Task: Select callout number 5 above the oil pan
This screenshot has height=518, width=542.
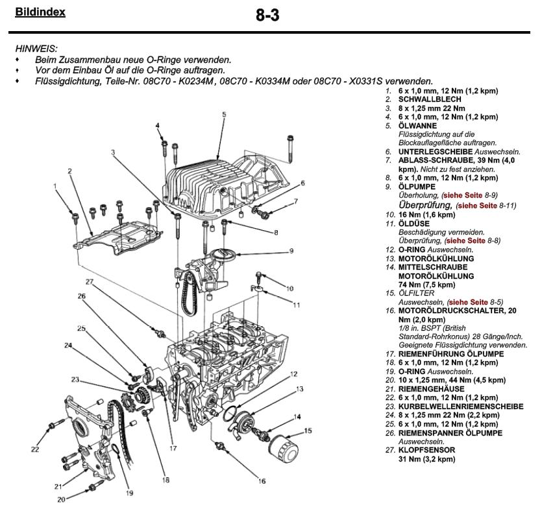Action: (x=223, y=114)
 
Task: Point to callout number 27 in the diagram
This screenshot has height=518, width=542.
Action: (x=90, y=281)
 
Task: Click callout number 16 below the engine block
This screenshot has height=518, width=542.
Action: (x=262, y=481)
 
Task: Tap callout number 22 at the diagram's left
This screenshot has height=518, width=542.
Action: (x=35, y=449)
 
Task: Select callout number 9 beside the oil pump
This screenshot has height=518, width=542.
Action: (x=291, y=250)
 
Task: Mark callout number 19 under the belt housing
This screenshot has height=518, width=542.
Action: (x=129, y=493)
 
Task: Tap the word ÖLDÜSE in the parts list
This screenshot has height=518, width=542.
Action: (x=413, y=222)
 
